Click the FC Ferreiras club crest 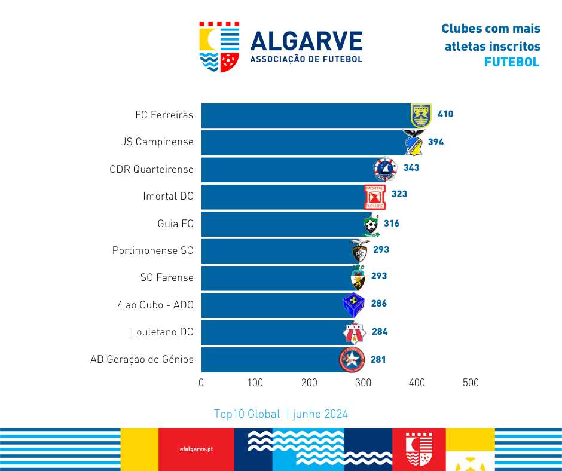pyautogui.click(x=421, y=115)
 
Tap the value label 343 pyautogui.click(x=411, y=168)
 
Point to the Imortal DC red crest pyautogui.click(x=375, y=197)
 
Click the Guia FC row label pyautogui.click(x=175, y=224)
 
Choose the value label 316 pyautogui.click(x=392, y=224)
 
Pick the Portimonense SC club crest pyautogui.click(x=359, y=251)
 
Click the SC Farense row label pyautogui.click(x=167, y=277)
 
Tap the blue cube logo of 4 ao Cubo pyautogui.click(x=353, y=305)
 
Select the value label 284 pyautogui.click(x=379, y=331)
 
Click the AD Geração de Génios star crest pyautogui.click(x=352, y=359)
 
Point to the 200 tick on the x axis pyautogui.click(x=309, y=383)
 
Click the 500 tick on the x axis pyautogui.click(x=471, y=383)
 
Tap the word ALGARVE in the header pyautogui.click(x=306, y=41)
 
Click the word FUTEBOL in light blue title pyautogui.click(x=512, y=62)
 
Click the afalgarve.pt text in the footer pyautogui.click(x=196, y=449)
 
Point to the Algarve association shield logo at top pyautogui.click(x=219, y=47)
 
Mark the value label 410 pyautogui.click(x=445, y=114)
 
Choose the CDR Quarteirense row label pyautogui.click(x=151, y=169)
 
